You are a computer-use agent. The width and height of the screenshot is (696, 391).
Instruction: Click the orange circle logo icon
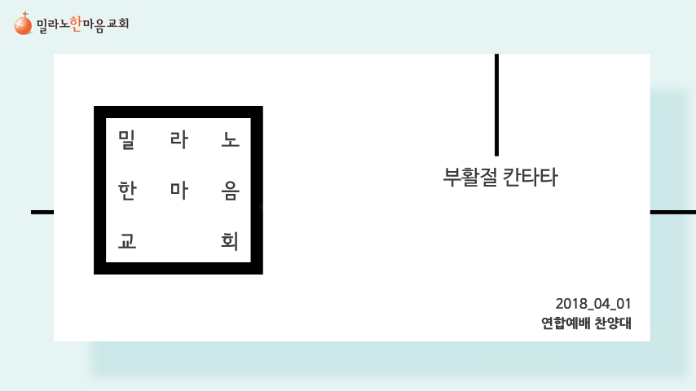[23, 25]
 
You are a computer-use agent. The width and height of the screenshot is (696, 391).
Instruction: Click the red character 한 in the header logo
[77, 24]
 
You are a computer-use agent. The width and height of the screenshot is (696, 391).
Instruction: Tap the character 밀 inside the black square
[126, 139]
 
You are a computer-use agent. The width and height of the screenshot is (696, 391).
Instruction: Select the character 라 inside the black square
[178, 139]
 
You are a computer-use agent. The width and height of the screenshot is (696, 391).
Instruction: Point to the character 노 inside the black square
[230, 139]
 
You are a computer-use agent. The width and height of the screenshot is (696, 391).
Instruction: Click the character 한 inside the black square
[126, 191]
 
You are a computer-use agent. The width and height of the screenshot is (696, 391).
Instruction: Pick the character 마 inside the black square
[178, 191]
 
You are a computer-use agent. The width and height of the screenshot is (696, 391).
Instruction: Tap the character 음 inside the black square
[230, 191]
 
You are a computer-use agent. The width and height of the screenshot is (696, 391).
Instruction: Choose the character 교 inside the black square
[126, 242]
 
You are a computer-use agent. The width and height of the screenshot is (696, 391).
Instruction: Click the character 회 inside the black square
[230, 242]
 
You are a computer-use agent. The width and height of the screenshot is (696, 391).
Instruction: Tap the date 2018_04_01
[592, 304]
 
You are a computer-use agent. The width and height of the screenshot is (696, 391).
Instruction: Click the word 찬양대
[612, 323]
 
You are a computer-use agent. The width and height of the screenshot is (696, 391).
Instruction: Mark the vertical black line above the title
[496, 104]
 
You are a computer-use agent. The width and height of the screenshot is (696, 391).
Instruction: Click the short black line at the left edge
[42, 212]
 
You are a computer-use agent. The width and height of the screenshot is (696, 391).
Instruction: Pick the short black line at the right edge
[672, 212]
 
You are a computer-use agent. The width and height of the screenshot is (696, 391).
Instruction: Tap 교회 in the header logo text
[118, 24]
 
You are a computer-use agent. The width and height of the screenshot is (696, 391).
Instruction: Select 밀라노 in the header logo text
[52, 25]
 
